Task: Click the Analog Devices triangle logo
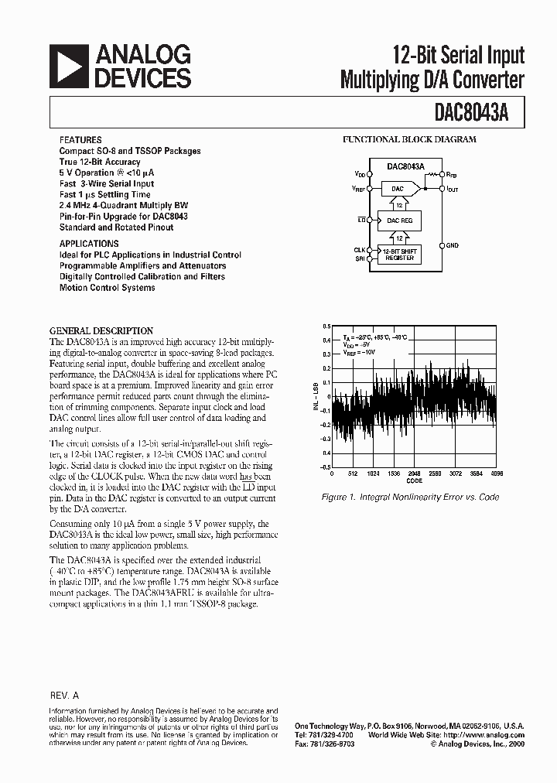[x=68, y=66]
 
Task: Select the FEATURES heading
[x=80, y=140]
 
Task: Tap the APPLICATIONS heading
[x=89, y=243]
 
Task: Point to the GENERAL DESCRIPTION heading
[x=101, y=330]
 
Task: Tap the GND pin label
[x=452, y=245]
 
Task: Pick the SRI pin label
[x=361, y=258]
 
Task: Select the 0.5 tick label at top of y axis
[x=328, y=326]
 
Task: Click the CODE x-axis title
[x=415, y=480]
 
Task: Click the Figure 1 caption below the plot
[x=411, y=497]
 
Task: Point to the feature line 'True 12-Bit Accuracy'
[x=100, y=162]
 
